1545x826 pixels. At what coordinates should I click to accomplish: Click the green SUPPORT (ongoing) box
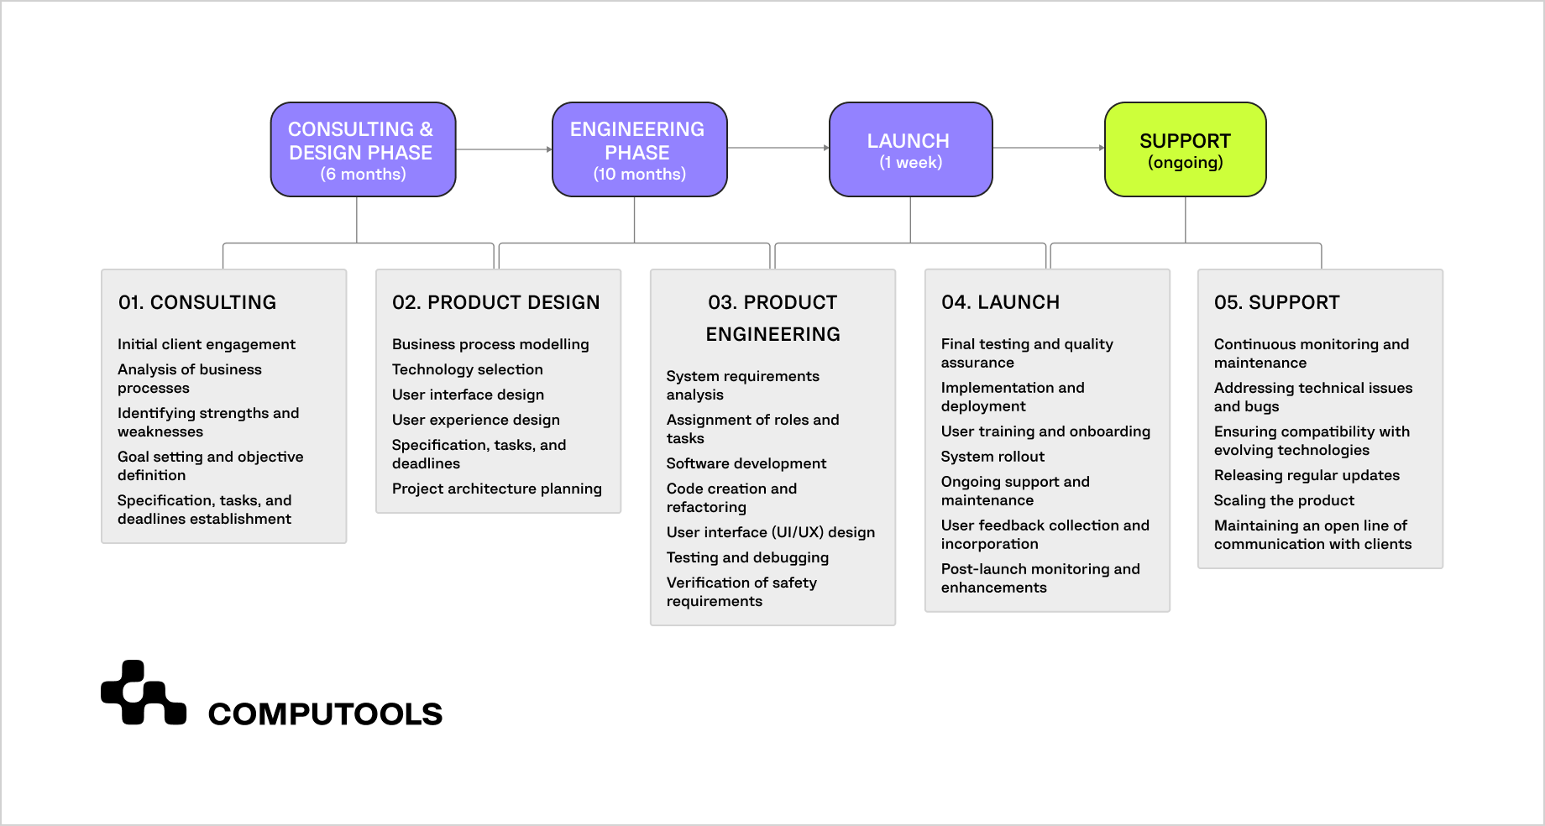(x=1185, y=149)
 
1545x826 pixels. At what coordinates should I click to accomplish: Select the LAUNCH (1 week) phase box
(x=910, y=149)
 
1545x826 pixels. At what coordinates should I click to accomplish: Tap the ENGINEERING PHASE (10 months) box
(x=639, y=149)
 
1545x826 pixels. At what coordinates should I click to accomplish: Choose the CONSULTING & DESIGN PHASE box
(x=363, y=149)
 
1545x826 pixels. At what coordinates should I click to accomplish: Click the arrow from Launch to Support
(x=1048, y=148)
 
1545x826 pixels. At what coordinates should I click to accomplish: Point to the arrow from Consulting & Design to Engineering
(x=503, y=149)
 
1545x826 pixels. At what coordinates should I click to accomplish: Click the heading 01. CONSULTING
(x=197, y=302)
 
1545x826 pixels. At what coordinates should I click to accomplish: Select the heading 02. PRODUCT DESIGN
(x=495, y=302)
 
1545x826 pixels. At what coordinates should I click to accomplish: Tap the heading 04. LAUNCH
(x=1000, y=302)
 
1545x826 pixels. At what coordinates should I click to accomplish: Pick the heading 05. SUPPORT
(x=1276, y=302)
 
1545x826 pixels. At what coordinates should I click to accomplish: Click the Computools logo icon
(x=143, y=693)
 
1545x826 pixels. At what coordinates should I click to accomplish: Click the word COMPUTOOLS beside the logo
(x=325, y=714)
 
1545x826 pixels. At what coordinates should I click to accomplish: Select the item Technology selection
(x=467, y=369)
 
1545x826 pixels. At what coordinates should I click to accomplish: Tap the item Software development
(x=746, y=463)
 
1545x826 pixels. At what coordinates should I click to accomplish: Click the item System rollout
(x=992, y=457)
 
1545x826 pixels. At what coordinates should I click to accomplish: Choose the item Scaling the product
(x=1284, y=500)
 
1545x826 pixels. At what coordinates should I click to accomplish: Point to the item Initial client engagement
(x=206, y=344)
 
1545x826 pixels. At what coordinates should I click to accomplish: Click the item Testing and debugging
(x=747, y=557)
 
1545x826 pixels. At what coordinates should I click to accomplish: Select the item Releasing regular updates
(x=1307, y=475)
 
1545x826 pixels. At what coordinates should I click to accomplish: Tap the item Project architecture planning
(x=496, y=489)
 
